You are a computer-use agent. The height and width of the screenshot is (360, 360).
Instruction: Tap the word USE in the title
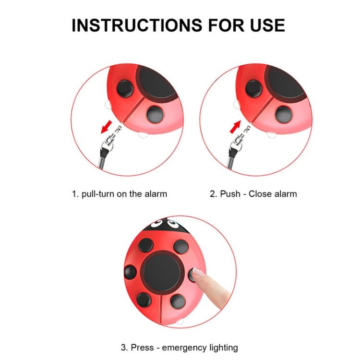point(266,25)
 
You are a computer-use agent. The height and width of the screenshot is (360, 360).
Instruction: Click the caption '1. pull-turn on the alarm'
point(120,194)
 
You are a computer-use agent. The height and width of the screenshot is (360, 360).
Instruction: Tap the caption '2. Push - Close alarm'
point(253,194)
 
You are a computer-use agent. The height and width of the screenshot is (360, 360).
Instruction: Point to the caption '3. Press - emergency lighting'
point(179,347)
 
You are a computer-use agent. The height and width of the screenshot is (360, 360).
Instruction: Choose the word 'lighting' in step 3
point(221,347)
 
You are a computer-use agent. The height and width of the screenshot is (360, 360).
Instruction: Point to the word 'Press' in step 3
point(140,347)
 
